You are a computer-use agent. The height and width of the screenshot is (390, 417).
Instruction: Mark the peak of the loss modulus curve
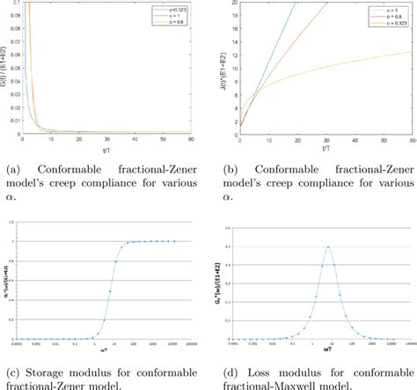[x=328, y=247]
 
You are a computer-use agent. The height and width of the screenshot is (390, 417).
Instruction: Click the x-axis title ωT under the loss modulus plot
[x=329, y=352]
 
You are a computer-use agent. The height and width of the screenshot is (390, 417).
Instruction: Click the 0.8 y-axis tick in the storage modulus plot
[x=30, y=261]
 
